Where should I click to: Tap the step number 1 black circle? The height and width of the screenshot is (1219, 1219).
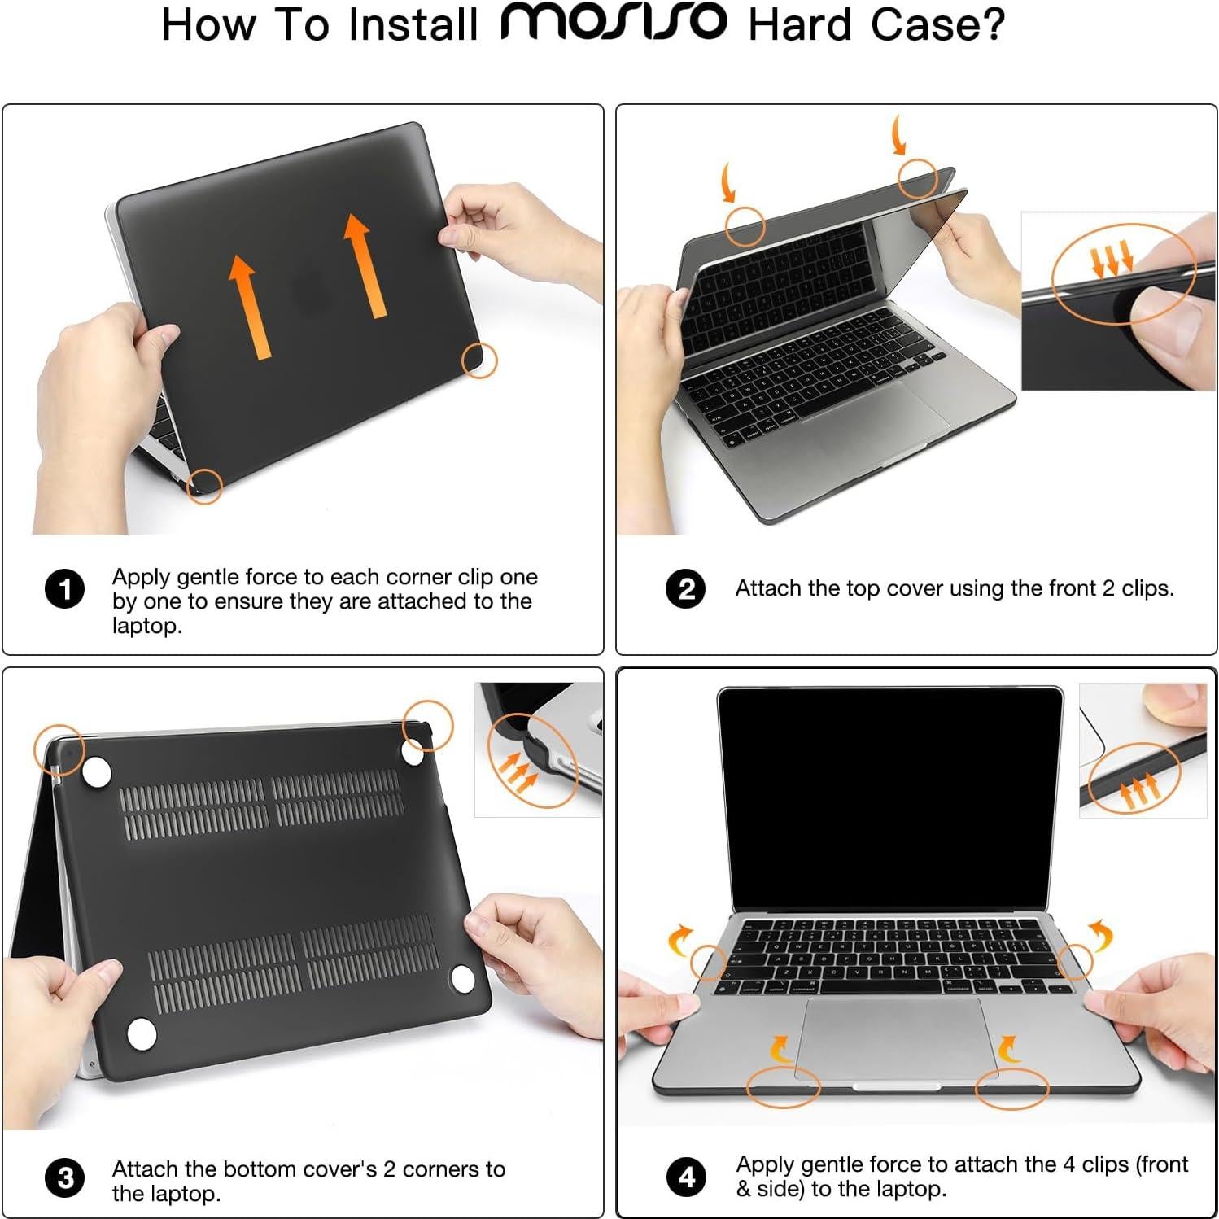click(x=64, y=589)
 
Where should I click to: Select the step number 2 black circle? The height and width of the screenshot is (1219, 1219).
click(x=686, y=588)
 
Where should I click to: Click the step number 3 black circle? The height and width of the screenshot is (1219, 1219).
click(x=65, y=1178)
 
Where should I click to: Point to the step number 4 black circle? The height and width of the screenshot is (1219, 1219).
click(x=686, y=1177)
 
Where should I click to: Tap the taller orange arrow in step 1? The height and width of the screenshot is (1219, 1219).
click(x=364, y=264)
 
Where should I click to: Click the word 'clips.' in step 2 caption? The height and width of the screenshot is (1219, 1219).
click(x=1147, y=588)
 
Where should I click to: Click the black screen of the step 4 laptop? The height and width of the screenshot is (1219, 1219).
click(x=890, y=797)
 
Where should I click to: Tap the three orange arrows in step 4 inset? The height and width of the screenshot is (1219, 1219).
click(x=1138, y=791)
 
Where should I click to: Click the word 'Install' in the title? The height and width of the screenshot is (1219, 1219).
click(x=413, y=24)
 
